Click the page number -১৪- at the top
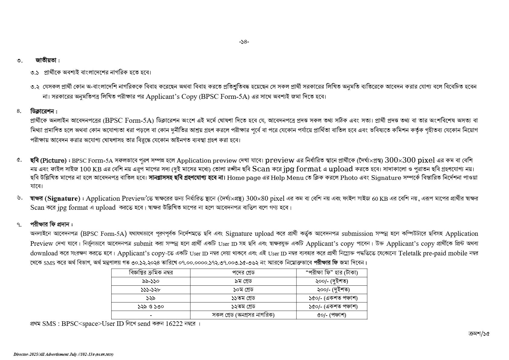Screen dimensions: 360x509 (x=244, y=42)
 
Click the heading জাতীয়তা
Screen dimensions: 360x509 (x=46, y=60)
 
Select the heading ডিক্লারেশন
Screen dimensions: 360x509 (x=43, y=111)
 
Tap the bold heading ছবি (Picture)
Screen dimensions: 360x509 (x=48, y=160)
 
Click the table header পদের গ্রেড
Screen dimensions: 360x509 (x=243, y=273)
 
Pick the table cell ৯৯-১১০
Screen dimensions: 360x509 (x=151, y=281)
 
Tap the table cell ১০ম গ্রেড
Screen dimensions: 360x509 (x=243, y=290)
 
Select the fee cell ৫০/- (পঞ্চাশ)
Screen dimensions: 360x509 (x=332, y=315)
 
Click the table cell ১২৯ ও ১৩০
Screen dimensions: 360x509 (x=151, y=306)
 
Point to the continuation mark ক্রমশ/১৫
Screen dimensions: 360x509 (x=478, y=334)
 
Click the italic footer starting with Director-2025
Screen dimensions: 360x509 (x=63, y=354)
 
